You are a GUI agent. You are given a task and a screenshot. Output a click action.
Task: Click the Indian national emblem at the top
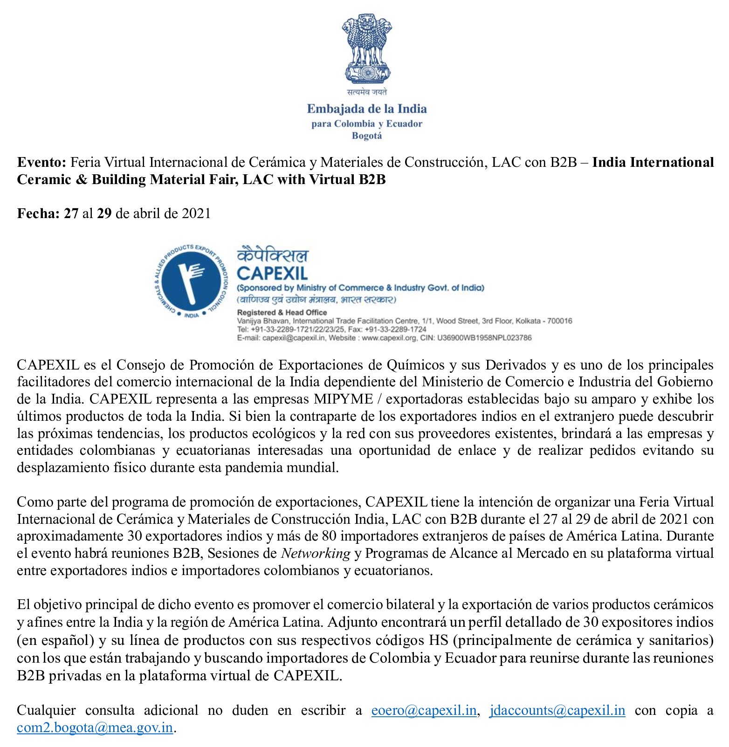[366, 49]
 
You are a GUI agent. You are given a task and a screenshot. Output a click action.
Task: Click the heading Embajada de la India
[367, 109]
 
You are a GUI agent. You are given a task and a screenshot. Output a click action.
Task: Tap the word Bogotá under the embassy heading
[367, 136]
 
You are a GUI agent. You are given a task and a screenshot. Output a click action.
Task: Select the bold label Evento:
[42, 162]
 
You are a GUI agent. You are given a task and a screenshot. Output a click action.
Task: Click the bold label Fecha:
[38, 213]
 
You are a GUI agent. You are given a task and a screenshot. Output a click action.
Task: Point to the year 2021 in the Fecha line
[196, 213]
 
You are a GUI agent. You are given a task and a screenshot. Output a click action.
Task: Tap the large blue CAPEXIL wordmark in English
[272, 274]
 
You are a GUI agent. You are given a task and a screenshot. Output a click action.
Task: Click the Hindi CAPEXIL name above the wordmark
[273, 255]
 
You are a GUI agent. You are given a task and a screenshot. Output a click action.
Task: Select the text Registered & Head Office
[282, 312]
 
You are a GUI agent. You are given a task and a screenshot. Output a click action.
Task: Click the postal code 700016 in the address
[559, 321]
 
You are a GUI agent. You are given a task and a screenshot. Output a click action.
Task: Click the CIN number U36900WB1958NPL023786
[484, 338]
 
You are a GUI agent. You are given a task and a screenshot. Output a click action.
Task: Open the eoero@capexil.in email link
[424, 710]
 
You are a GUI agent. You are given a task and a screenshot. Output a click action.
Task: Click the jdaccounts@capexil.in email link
[557, 710]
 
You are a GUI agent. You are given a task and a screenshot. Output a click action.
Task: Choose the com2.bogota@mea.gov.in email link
[95, 727]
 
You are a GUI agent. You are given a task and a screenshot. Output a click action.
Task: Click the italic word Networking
[316, 553]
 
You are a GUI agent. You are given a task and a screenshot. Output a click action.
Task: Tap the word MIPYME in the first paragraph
[343, 399]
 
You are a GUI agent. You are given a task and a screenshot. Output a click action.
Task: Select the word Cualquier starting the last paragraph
[46, 710]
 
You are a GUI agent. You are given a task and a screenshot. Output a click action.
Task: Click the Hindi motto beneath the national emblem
[366, 92]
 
